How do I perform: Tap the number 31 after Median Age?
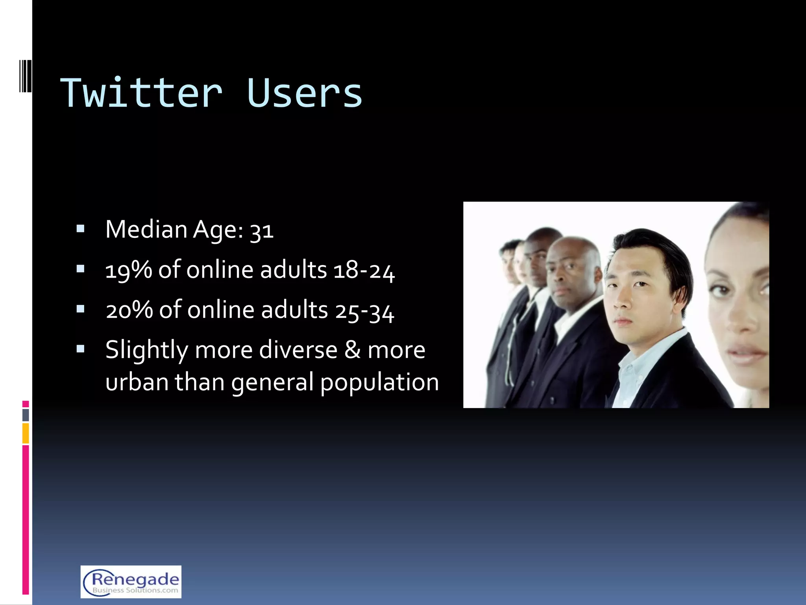pos(262,230)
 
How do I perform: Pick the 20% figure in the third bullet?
pos(129,310)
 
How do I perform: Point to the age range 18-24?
pos(364,271)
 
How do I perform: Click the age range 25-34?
pos(365,311)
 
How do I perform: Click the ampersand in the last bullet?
pos(352,350)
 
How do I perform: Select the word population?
pos(379,383)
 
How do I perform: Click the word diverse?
pos(298,350)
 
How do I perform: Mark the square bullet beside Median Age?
pos(81,229)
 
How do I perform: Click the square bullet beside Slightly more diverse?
pos(81,349)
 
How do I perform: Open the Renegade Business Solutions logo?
pos(131,582)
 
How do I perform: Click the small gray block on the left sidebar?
pos(26,415)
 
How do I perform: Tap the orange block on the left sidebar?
pos(26,433)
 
